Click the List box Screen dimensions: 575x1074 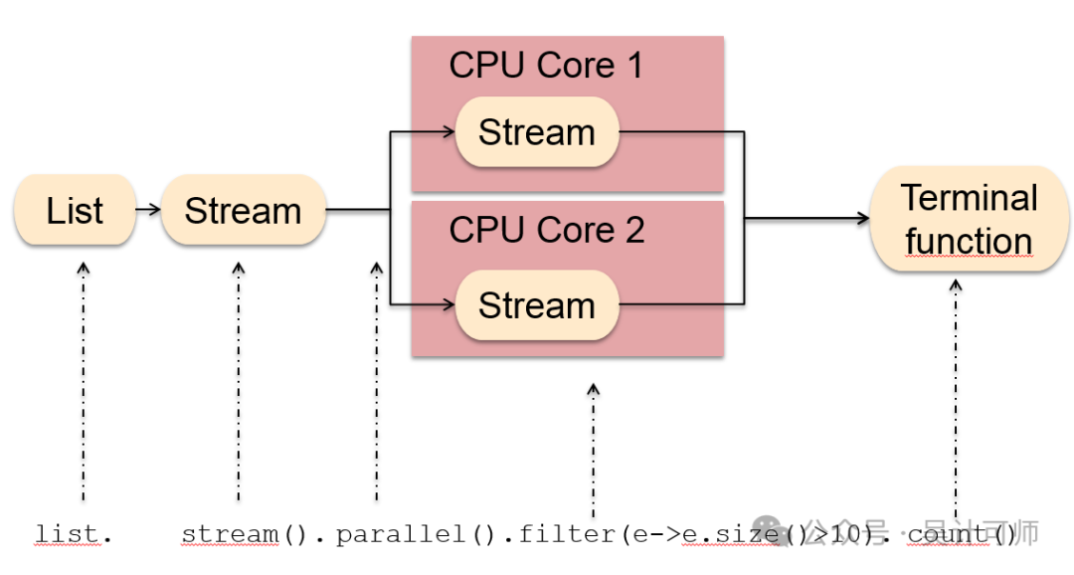tap(75, 210)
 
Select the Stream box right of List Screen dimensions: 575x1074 tap(243, 210)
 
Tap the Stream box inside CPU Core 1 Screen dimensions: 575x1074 tap(537, 131)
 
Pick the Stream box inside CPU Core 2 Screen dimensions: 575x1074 tap(537, 304)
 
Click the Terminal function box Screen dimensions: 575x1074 tap(969, 219)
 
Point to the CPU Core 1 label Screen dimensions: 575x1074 tap(546, 66)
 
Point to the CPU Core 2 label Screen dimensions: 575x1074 tap(546, 230)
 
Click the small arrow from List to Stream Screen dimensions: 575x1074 tap(147, 210)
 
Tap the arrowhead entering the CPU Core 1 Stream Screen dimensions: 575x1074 tap(447, 131)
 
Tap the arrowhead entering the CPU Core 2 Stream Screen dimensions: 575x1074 tap(447, 304)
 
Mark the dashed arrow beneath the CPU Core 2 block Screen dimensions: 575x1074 tap(593, 448)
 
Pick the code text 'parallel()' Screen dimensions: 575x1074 tap(415, 534)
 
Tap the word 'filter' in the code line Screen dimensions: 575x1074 tap(567, 534)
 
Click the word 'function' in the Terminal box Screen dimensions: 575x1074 tap(969, 242)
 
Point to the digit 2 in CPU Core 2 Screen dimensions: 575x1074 tap(633, 230)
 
